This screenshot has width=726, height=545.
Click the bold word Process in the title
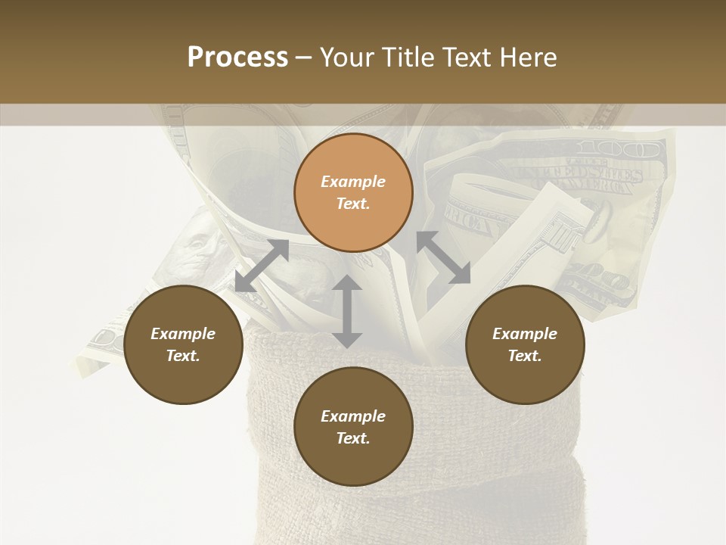237,58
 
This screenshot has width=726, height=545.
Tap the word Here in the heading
529,58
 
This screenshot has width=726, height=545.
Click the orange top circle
353,192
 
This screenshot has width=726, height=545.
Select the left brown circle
183,344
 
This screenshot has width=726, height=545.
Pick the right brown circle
525,344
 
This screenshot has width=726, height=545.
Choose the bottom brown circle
353,427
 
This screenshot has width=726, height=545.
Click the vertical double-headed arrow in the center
347,311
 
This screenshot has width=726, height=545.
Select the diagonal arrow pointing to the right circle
443,257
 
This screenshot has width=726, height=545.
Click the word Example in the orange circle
353,182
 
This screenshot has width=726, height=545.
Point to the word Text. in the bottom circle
353,438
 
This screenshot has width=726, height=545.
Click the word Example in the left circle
183,334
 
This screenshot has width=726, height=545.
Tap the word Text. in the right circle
525,356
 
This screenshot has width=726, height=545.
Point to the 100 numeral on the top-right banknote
617,148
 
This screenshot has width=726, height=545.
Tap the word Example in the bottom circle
353,416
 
